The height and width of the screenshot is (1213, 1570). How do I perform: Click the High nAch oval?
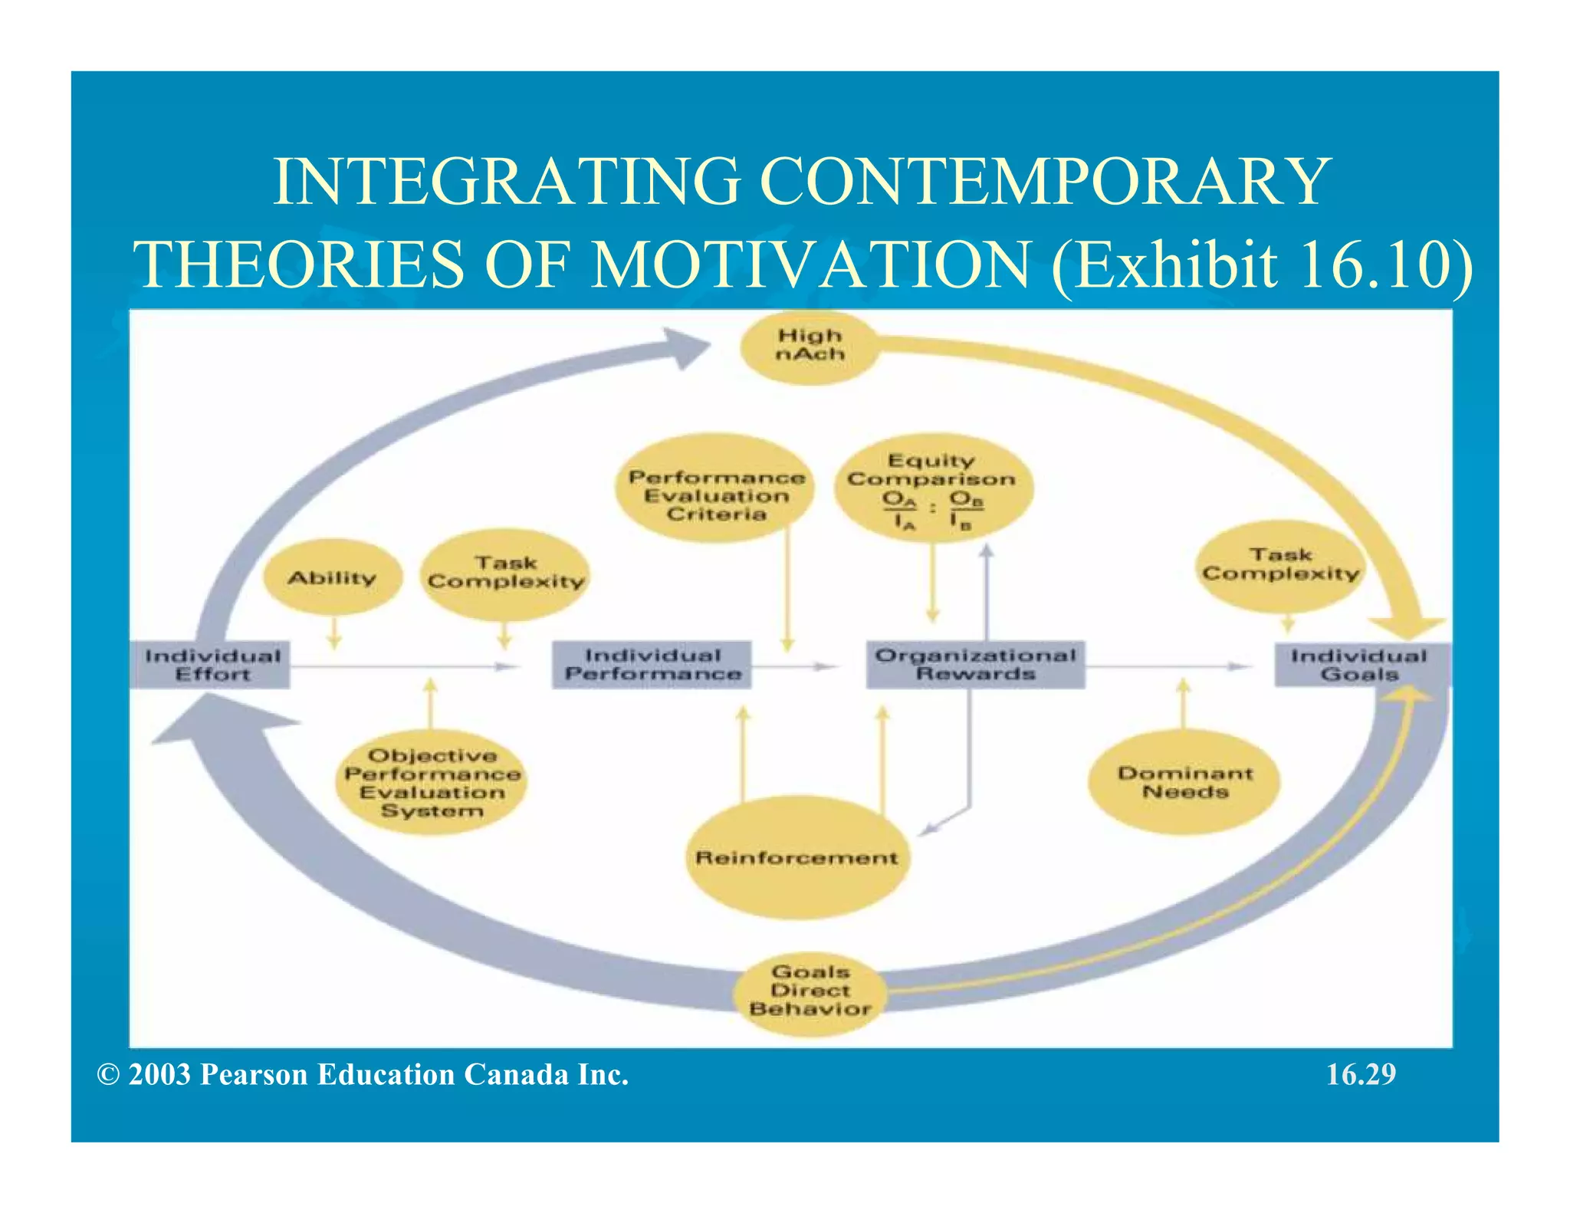[809, 347]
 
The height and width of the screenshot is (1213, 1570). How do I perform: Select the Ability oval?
[332, 578]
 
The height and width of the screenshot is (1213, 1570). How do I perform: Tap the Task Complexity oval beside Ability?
[505, 574]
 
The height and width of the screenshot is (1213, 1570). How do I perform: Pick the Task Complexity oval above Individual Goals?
[1280, 565]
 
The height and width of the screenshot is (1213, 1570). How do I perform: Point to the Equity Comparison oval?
[932, 489]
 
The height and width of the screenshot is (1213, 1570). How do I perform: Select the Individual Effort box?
[212, 665]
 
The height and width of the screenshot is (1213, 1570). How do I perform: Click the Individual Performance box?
[652, 665]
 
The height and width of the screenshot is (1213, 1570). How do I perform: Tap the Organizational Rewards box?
[975, 665]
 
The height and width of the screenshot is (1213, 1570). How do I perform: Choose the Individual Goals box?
[1359, 665]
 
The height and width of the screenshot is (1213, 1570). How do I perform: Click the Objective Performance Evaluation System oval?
[432, 783]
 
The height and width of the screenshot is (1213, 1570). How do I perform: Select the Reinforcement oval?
[796, 857]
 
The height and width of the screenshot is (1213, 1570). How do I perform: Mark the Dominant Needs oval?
[1184, 782]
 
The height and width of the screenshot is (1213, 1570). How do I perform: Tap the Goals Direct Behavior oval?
[810, 991]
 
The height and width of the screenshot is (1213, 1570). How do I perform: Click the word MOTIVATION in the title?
[811, 265]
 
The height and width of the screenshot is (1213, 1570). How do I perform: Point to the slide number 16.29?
[1361, 1075]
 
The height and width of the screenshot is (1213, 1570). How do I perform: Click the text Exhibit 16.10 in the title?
[1261, 265]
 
